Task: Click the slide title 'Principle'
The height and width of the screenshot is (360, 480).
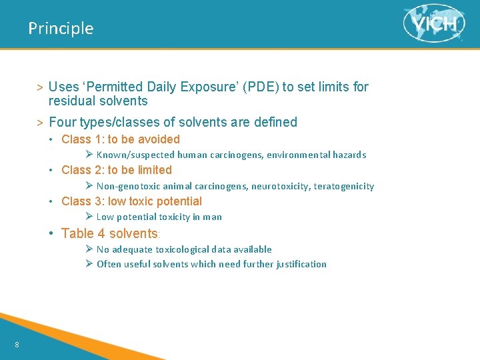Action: coord(61,29)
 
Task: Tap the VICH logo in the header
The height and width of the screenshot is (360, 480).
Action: coord(434,25)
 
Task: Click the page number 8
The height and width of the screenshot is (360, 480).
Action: coord(17,345)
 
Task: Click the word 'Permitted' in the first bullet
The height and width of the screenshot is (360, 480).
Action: coord(113,87)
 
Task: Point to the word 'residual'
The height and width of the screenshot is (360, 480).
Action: coord(70,101)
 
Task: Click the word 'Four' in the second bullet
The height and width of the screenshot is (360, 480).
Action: coord(62,122)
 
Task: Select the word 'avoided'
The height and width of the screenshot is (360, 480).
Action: coord(159,139)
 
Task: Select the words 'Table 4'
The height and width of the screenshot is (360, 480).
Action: coord(83,233)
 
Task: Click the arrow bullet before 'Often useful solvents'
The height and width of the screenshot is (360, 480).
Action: coord(89,264)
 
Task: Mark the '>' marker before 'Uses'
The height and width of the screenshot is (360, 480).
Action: coord(40,87)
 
